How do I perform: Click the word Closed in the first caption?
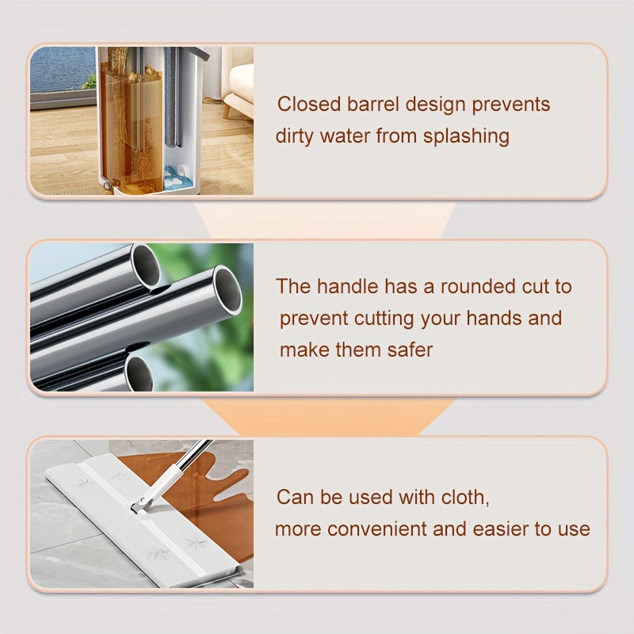[309, 104]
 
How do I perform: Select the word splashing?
[466, 136]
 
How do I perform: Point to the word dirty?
[294, 136]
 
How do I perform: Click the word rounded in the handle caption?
[478, 286]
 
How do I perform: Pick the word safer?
[410, 349]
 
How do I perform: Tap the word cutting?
[384, 319]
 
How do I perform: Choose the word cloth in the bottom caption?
[465, 497]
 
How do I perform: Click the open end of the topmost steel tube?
[146, 265]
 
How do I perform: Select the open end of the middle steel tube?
[227, 289]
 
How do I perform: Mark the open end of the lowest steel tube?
[139, 373]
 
